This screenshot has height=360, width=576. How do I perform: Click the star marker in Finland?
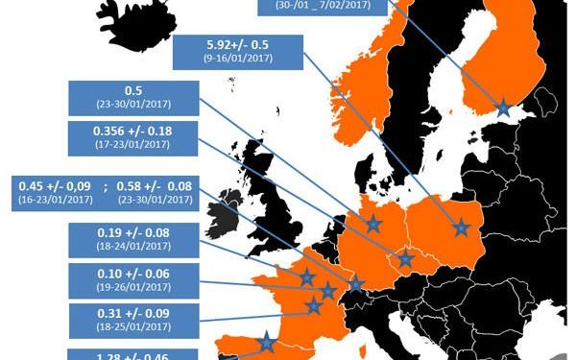[x=502, y=108]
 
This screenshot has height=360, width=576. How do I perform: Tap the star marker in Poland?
[x=463, y=227]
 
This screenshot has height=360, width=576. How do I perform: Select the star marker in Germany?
[x=373, y=223]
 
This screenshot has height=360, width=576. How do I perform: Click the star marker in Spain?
[x=266, y=342]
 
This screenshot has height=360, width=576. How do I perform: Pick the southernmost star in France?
[x=313, y=306]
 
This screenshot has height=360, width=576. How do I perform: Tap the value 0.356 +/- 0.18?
[x=132, y=130]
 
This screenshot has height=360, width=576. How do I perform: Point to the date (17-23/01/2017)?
[x=132, y=145]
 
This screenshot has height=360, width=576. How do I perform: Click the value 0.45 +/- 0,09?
[x=56, y=185]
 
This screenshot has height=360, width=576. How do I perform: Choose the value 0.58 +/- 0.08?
[x=154, y=185]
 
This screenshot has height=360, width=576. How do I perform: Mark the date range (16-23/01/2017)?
[x=55, y=202]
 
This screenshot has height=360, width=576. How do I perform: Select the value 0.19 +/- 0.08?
[x=133, y=232]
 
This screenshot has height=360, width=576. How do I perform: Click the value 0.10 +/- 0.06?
[x=133, y=274]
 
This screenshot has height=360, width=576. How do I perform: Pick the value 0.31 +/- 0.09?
[x=133, y=314]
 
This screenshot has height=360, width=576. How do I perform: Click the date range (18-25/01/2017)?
[x=133, y=328]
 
